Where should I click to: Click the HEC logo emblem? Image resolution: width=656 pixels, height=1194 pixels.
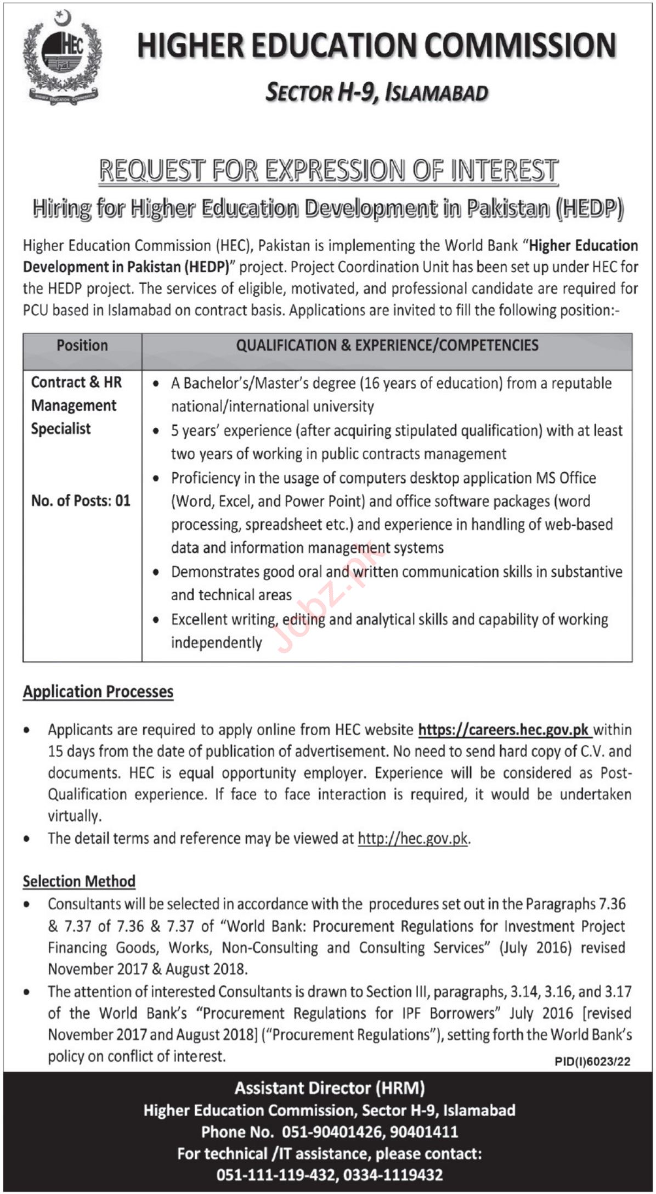click(62, 58)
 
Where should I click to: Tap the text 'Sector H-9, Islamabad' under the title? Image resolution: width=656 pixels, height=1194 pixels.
click(376, 93)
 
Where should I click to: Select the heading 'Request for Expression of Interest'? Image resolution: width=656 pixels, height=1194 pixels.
click(328, 170)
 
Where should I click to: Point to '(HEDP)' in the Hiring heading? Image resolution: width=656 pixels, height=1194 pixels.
click(589, 209)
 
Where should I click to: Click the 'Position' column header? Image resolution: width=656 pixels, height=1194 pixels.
click(82, 345)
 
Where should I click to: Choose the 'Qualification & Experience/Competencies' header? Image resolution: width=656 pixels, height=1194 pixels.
click(387, 345)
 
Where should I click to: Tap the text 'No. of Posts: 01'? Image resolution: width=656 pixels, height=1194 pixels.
click(81, 500)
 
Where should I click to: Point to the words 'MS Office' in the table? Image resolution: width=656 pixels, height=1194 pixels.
click(565, 478)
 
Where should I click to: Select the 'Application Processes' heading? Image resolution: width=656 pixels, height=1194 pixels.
click(98, 691)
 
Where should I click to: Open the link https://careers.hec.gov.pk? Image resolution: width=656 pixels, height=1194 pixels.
click(504, 730)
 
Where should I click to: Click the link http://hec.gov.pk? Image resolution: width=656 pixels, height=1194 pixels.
click(413, 838)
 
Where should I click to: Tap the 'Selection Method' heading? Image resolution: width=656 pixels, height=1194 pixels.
click(79, 881)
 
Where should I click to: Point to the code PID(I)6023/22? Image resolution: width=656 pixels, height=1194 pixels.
click(592, 1062)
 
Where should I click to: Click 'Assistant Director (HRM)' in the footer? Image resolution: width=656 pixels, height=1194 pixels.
click(329, 1088)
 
